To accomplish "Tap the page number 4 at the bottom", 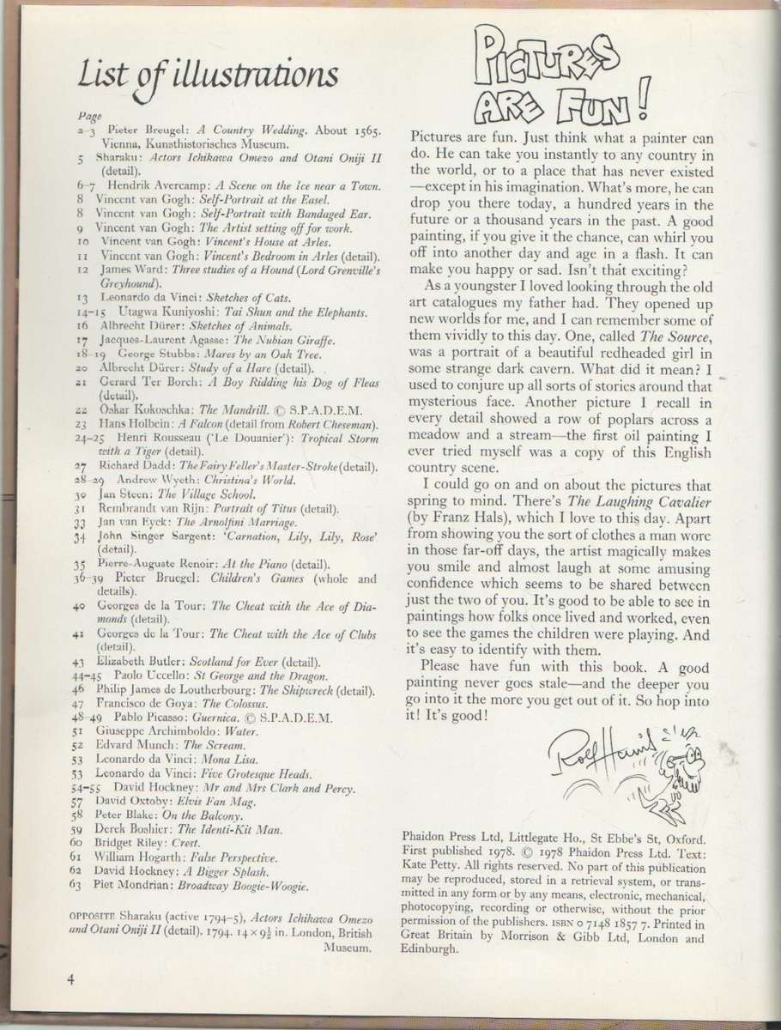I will point(75,978).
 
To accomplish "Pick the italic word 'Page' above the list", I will point(89,115).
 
